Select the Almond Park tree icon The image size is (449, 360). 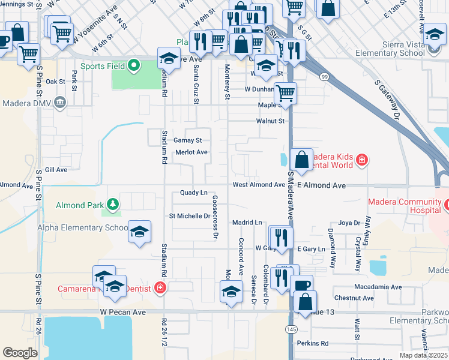click(x=112, y=205)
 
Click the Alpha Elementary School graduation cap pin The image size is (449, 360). click(x=139, y=232)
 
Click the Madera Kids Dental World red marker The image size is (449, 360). click(x=361, y=160)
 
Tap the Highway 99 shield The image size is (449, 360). click(x=324, y=77)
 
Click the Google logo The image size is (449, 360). click(x=20, y=352)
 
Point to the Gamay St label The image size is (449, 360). click(x=188, y=140)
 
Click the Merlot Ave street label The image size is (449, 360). click(x=191, y=152)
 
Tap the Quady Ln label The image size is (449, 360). click(x=194, y=193)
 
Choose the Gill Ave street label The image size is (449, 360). click(x=56, y=170)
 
